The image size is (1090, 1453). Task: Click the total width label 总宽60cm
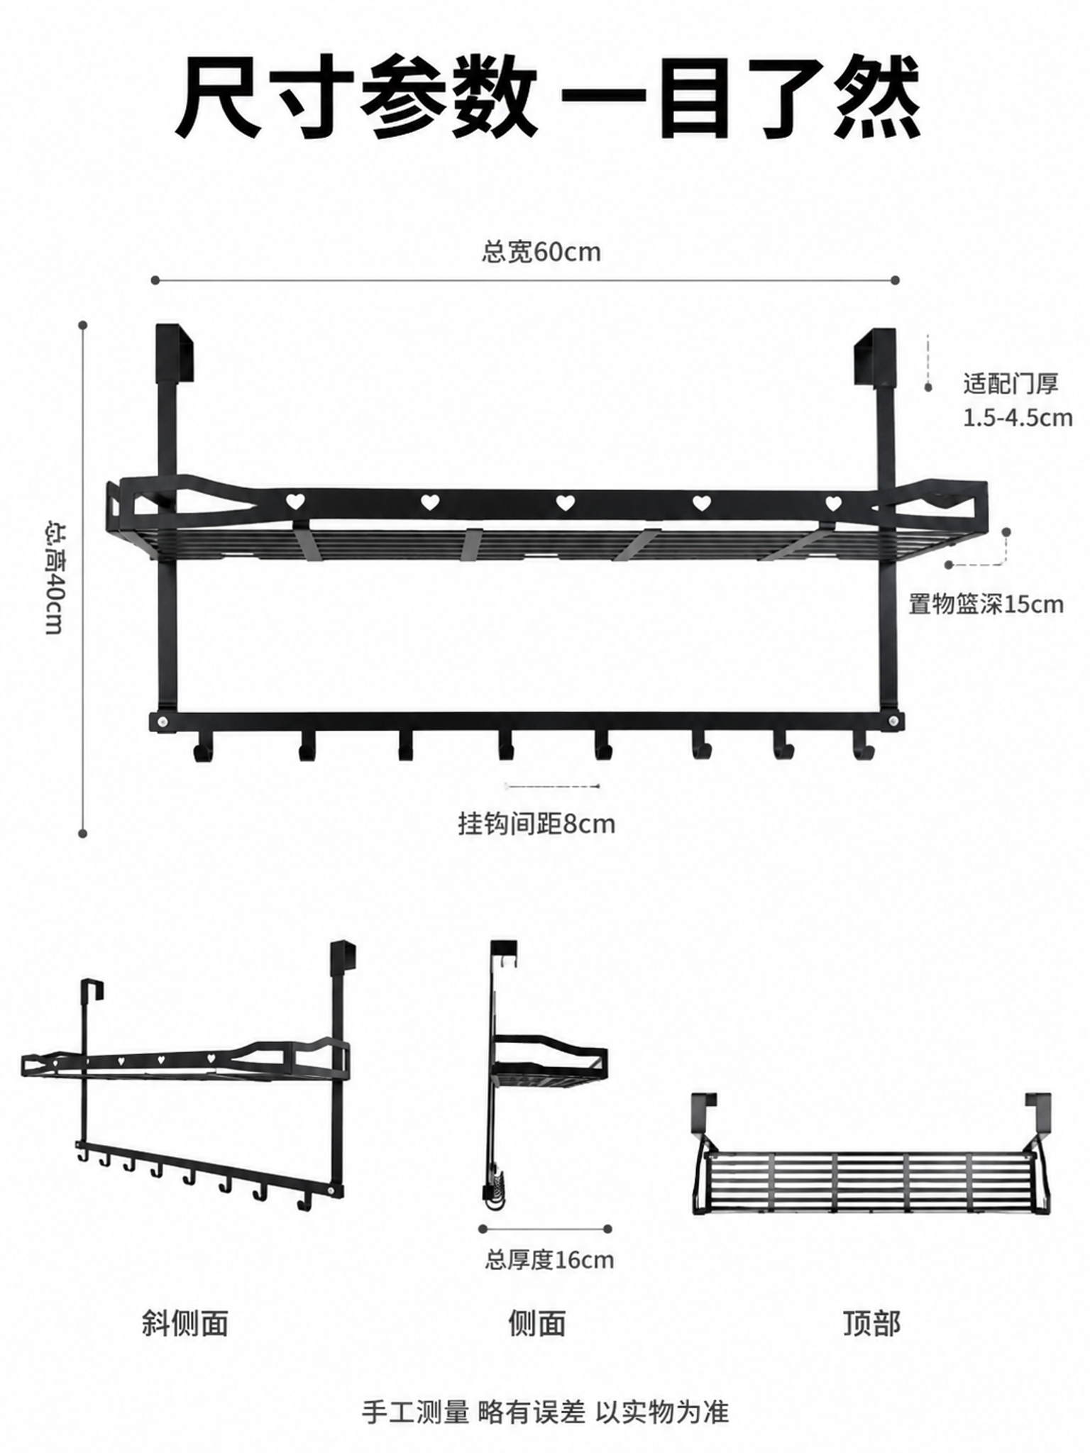(541, 252)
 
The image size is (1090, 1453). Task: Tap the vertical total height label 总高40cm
(55, 578)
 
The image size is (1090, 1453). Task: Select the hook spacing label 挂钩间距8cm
(536, 824)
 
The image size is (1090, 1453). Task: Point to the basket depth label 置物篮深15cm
(986, 604)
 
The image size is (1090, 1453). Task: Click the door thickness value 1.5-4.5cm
(1018, 417)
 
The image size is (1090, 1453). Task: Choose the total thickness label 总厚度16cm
(550, 1260)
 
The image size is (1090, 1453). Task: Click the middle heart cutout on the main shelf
(565, 503)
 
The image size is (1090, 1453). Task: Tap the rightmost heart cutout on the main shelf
(833, 504)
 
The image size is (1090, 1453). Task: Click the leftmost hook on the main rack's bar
(202, 748)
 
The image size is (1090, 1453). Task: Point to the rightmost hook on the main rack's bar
(862, 746)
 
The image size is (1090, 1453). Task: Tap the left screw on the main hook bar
(164, 722)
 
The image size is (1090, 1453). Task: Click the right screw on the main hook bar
(892, 722)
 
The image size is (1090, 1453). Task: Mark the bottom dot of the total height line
(83, 833)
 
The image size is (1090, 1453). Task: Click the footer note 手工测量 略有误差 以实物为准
(545, 1412)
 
